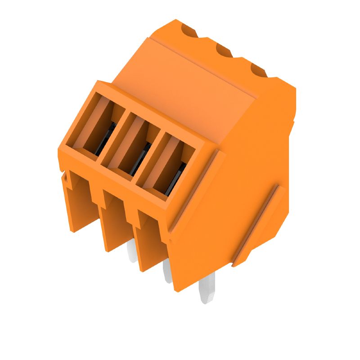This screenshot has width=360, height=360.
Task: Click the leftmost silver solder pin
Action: pos(132,254)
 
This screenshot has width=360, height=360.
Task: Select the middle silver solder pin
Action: pos(167,272)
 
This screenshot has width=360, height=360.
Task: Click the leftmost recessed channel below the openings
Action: pos(81,202)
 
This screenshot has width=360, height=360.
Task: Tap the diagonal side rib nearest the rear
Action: pos(259,225)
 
